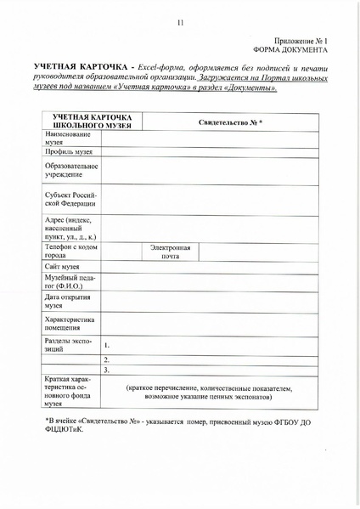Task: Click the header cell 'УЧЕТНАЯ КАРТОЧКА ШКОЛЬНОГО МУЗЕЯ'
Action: (90, 120)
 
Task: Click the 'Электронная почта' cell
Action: (170, 252)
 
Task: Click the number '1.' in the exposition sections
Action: (106, 347)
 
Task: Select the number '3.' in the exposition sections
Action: (106, 370)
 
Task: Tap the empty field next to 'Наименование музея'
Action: (212, 138)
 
